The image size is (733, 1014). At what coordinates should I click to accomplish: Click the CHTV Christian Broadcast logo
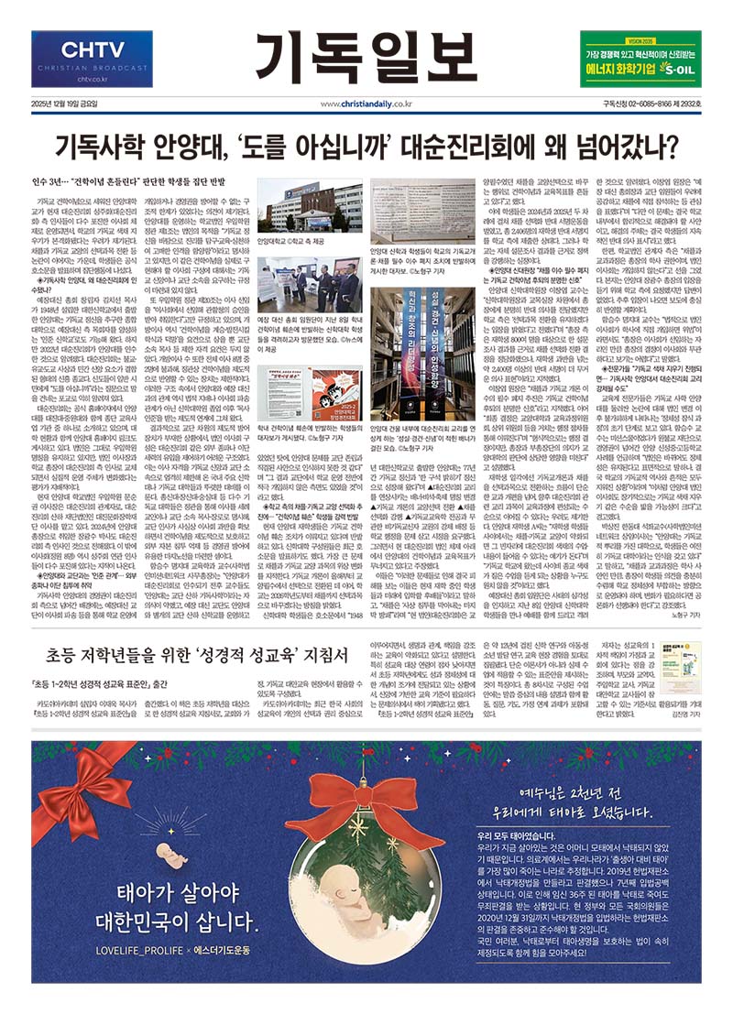[92, 58]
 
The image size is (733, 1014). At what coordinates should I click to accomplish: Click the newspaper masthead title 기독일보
[366, 56]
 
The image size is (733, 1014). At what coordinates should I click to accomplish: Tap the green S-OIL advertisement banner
[640, 58]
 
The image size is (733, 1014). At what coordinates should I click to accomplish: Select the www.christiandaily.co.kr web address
[366, 104]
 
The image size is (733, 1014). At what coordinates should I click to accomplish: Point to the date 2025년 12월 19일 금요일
[69, 104]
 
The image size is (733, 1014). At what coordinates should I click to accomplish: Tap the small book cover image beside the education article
[680, 668]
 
